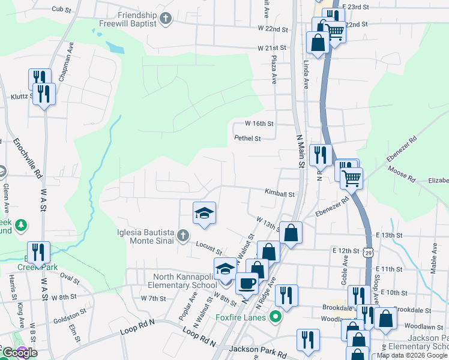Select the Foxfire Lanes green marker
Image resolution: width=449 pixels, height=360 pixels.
276,316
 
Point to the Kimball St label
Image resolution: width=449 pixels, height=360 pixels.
280,194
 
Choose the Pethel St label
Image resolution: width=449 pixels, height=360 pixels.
247,139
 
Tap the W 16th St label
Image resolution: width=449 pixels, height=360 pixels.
259,124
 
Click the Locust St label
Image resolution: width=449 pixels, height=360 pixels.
209,247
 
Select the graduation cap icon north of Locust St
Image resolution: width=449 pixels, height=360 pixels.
203,212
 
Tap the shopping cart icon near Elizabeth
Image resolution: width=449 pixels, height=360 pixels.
351,176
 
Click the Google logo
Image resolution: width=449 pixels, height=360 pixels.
19,353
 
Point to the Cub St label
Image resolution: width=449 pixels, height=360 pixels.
61,9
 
